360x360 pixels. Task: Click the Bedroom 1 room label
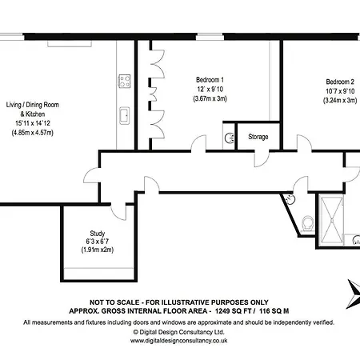pyautogui.click(x=210, y=80)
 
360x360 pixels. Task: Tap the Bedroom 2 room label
pyautogui.click(x=338, y=82)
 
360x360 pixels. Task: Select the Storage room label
pyautogui.click(x=258, y=137)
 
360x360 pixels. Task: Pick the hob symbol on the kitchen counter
pyautogui.click(x=123, y=81)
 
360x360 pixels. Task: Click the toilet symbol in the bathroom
pyautogui.click(x=309, y=222)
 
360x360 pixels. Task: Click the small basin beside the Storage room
pyautogui.click(x=230, y=136)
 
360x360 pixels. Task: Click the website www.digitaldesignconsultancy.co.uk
pyautogui.click(x=179, y=339)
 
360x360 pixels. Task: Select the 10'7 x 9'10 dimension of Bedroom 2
pyautogui.click(x=338, y=91)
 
